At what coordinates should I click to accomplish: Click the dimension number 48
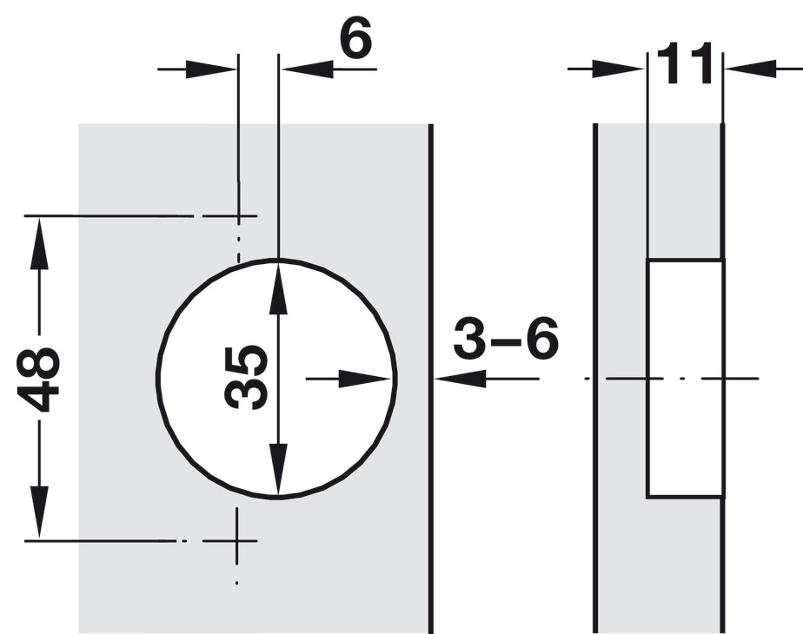click(38, 379)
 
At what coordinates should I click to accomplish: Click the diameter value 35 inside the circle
click(246, 378)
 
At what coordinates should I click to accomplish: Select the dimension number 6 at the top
click(355, 37)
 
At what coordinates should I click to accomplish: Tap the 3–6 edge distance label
click(506, 338)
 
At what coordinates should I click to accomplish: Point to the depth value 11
click(685, 63)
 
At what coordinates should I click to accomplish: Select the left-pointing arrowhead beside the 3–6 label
click(461, 379)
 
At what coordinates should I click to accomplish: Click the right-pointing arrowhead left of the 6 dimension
click(211, 69)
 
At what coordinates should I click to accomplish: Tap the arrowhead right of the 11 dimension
click(751, 69)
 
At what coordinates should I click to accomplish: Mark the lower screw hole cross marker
click(236, 540)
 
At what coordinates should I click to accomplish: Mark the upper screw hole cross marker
click(239, 216)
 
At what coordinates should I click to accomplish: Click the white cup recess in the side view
click(685, 378)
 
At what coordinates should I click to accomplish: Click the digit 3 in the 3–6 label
click(469, 338)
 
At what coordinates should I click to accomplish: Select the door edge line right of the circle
click(431, 379)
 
